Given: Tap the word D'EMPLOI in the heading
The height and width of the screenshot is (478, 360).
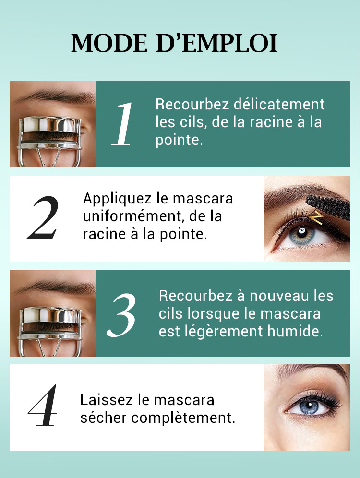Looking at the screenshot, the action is click(216, 43).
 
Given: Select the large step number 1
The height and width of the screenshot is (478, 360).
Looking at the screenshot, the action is click(122, 124).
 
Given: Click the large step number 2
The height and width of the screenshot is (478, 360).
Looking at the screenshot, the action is click(43, 217).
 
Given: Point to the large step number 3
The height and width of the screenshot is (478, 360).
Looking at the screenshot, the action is click(121, 315).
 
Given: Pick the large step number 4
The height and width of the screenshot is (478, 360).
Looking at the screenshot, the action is click(43, 405).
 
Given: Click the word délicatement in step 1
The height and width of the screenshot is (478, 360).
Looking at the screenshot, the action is click(279, 104).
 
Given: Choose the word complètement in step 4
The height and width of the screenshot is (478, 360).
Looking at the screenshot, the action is click(183, 418).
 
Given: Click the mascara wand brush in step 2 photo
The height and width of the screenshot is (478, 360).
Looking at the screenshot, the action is click(328, 207).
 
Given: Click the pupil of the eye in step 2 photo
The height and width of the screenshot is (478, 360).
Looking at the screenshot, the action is click(302, 231).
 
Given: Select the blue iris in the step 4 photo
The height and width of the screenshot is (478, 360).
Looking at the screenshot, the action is click(310, 406).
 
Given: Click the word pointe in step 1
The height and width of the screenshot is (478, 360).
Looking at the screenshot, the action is click(179, 140).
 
